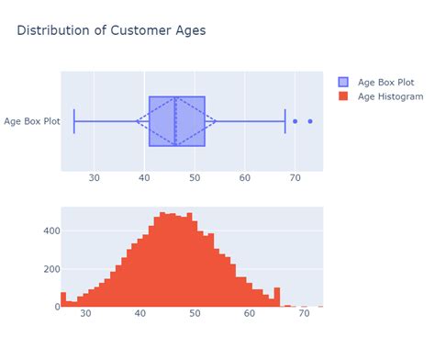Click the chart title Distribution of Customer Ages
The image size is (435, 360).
[x=111, y=30]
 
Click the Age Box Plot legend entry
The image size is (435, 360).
[x=386, y=81]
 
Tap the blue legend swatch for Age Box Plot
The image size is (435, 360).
[x=344, y=81]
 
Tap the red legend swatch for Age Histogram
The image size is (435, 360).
[x=344, y=96]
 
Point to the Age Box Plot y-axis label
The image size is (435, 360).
[x=31, y=121]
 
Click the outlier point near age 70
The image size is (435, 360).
[x=295, y=121]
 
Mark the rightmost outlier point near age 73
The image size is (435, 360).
[x=310, y=121]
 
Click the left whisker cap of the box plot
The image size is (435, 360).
[x=74, y=121]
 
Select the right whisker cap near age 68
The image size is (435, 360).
[x=285, y=121]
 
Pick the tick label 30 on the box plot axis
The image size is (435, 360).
[x=95, y=177]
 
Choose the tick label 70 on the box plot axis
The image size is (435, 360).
[x=295, y=177]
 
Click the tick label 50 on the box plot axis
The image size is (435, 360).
[x=195, y=177]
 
